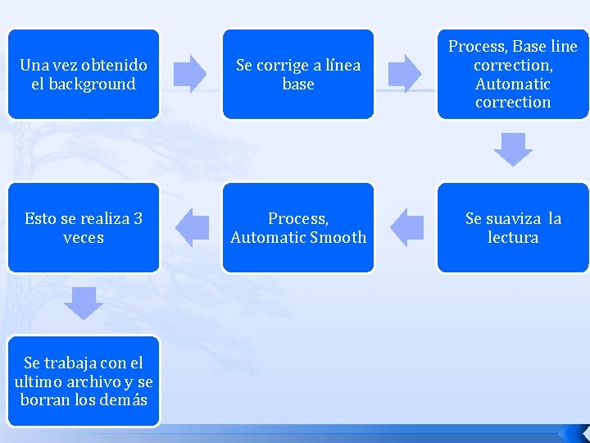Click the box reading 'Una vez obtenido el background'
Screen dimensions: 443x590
83,74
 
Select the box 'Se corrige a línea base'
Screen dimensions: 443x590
297,74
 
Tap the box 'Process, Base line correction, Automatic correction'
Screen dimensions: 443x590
512,74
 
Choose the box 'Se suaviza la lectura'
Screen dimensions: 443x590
512,227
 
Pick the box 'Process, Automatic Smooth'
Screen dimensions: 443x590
297,227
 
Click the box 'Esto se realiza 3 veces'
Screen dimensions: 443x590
83,227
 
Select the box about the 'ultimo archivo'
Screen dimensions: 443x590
83,381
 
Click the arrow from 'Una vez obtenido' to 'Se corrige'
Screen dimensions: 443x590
192,73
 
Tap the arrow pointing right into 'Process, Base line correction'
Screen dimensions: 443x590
404,73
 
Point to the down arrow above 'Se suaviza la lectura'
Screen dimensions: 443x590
513,149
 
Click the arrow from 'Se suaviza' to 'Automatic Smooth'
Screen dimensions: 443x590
406,227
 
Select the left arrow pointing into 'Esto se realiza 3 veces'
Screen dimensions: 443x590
193,227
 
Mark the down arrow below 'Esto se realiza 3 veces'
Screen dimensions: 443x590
84,303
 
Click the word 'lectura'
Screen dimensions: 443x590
513,237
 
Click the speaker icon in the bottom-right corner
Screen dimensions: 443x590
572,432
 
